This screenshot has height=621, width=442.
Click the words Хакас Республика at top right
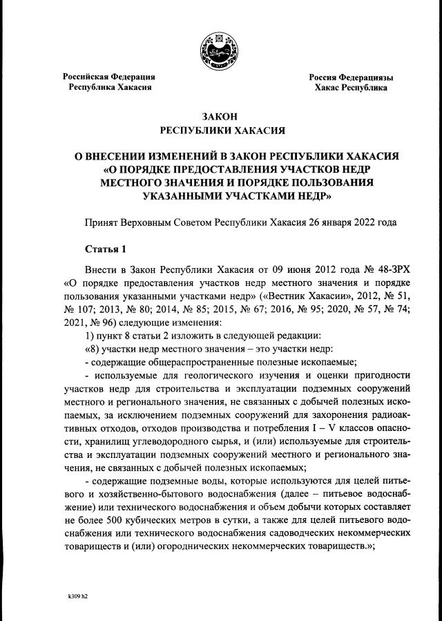coord(351,88)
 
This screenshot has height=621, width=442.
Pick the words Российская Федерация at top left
coord(110,77)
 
